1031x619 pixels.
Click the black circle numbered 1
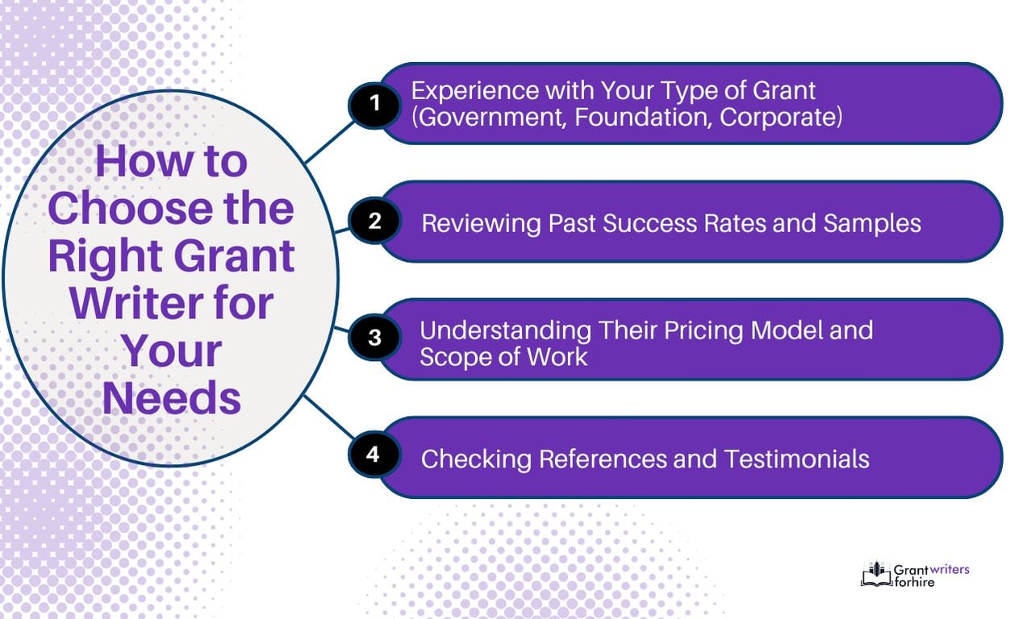click(x=374, y=103)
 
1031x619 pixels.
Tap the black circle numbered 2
click(x=374, y=221)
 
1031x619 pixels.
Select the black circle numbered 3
click(x=374, y=337)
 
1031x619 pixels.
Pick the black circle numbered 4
click(x=373, y=455)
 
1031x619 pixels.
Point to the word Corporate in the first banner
click(x=781, y=117)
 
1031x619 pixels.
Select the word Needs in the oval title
click(x=172, y=398)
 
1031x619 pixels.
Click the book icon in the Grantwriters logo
click(x=877, y=574)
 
